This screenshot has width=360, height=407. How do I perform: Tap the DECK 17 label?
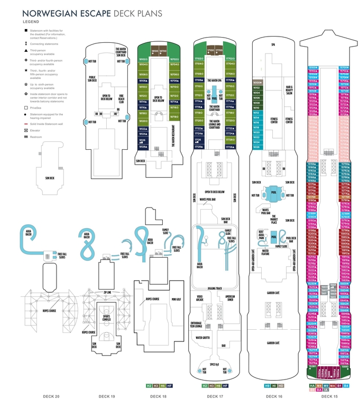click(x=214, y=396)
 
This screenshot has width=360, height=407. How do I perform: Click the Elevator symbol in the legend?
click(x=25, y=130)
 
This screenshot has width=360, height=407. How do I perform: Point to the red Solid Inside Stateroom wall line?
click(x=25, y=123)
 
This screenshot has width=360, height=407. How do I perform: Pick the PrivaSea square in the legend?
click(x=25, y=107)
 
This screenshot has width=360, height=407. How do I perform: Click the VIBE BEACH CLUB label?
click(x=122, y=99)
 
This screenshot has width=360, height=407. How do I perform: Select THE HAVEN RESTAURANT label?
click(x=173, y=135)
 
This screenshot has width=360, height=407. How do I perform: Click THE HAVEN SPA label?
click(x=214, y=80)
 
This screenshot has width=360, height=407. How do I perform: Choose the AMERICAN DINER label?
click(x=230, y=298)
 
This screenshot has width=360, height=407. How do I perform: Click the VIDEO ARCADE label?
click(x=200, y=298)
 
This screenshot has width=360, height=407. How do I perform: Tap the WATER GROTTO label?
click(x=204, y=337)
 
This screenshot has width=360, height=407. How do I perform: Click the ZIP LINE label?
click(x=108, y=292)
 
